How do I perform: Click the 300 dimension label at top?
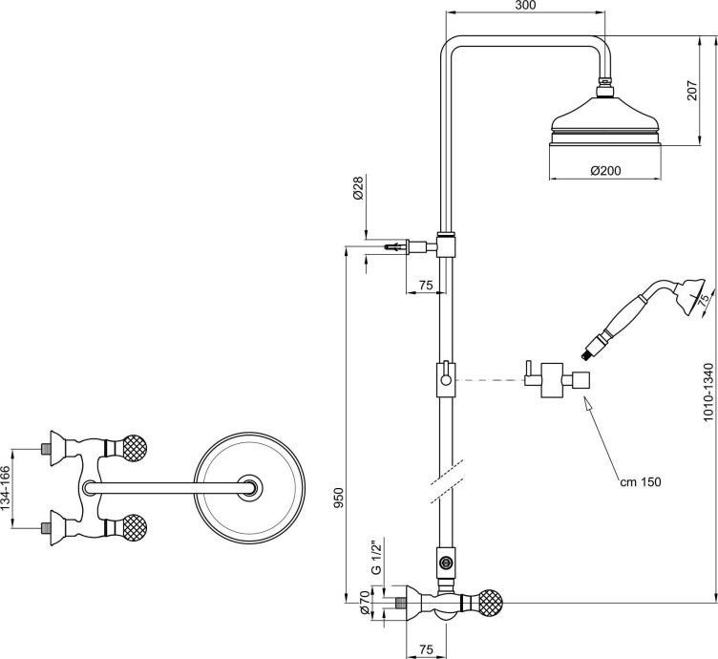click(525, 7)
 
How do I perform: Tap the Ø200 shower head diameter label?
click(606, 170)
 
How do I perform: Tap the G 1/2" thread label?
click(376, 557)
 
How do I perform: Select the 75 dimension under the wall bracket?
click(426, 284)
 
